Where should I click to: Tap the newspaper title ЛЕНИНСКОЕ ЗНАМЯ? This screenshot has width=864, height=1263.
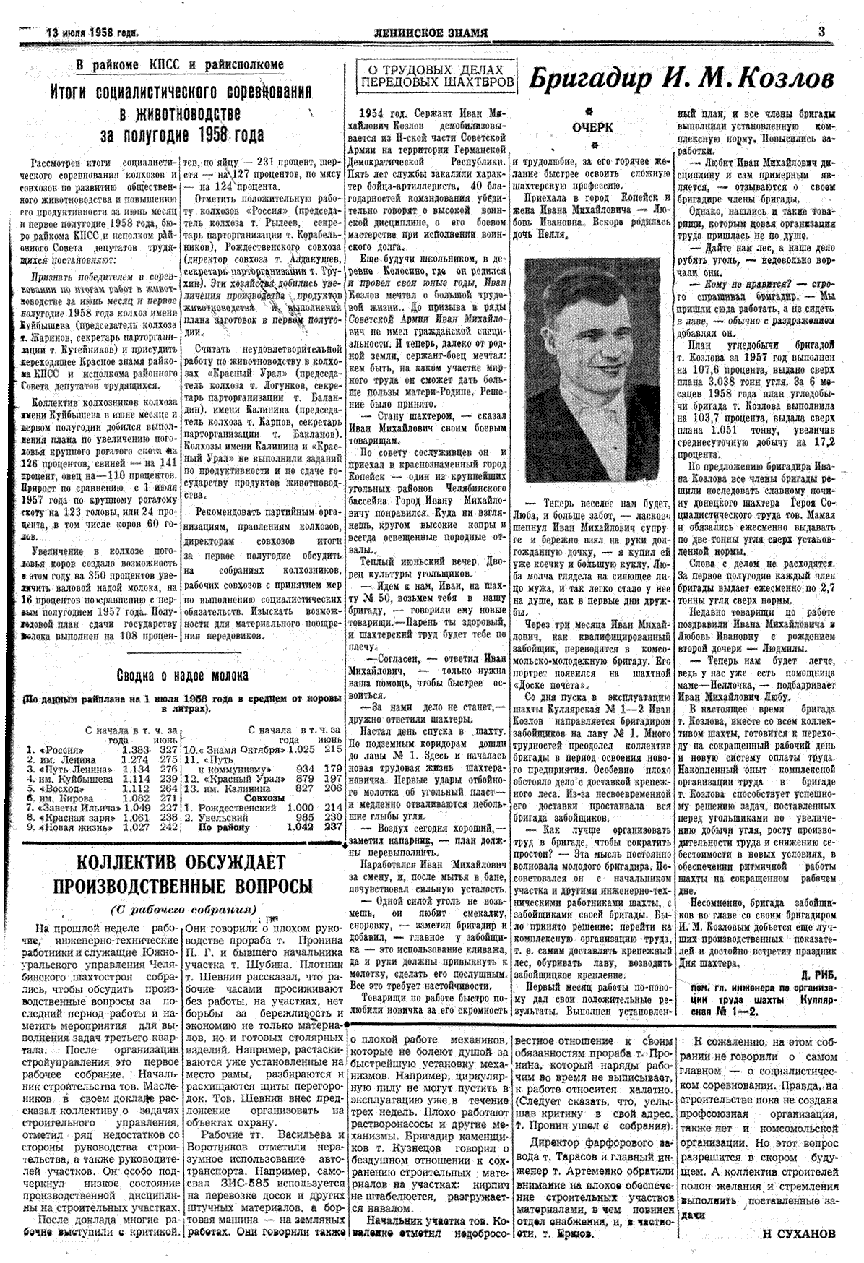click(431, 33)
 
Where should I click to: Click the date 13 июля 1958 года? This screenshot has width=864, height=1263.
click(92, 33)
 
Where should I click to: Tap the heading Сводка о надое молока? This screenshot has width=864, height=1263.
click(183, 675)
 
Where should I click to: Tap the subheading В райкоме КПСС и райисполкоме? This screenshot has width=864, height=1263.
click(180, 64)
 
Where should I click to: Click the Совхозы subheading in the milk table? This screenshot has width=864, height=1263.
click(264, 798)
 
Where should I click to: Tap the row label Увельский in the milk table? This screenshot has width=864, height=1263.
click(223, 818)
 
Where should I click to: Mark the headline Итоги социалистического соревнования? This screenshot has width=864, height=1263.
click(181, 92)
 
